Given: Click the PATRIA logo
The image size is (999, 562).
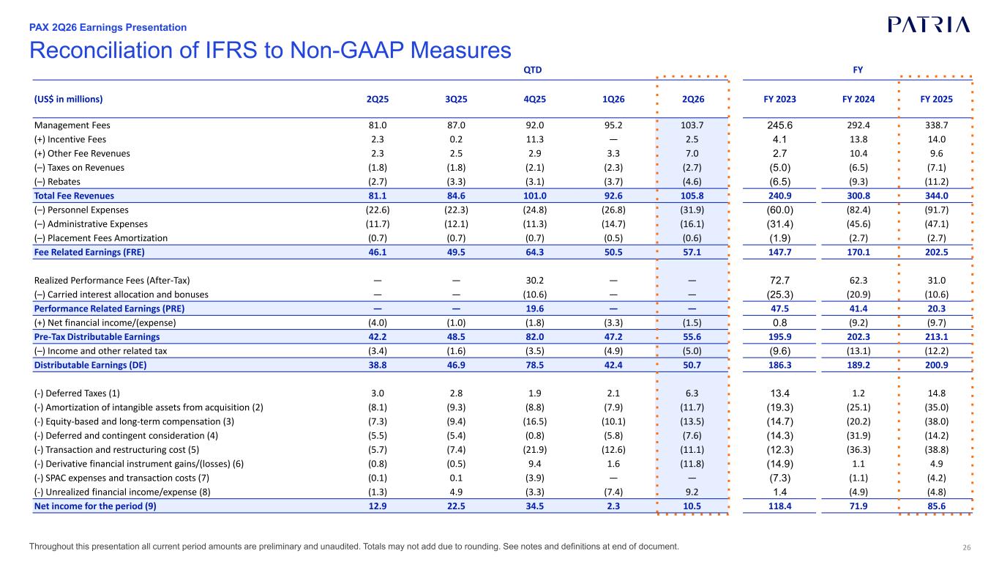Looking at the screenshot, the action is tap(929, 25).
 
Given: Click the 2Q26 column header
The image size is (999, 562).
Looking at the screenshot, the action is tap(693, 99).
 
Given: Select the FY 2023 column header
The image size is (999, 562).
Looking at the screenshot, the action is tap(779, 99).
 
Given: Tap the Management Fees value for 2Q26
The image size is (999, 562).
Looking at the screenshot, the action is tap(692, 125).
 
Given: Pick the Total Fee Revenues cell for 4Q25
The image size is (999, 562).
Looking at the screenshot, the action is tap(535, 196).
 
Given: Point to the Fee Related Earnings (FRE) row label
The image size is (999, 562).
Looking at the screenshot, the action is tap(89, 252).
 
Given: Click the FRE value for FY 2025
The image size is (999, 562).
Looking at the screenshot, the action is tap(936, 252).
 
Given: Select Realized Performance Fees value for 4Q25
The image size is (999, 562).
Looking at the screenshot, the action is tap(535, 281).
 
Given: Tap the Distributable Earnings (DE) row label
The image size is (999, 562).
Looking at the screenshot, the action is tap(90, 365).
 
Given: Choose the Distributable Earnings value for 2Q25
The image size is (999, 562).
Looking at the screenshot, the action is tap(378, 365).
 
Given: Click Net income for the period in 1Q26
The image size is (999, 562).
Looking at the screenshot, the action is tap(613, 506).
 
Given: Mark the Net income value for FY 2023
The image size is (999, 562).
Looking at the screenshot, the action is tap(779, 506).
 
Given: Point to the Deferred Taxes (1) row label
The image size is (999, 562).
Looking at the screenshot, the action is tap(77, 393).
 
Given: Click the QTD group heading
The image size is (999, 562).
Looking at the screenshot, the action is tap(533, 70).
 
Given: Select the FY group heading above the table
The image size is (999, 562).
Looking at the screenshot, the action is tap(858, 70).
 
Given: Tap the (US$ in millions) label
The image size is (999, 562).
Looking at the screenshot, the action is tap(68, 99).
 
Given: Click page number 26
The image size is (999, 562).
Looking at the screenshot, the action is tap(967, 547).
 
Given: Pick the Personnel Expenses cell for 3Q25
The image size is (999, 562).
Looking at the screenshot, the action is tap(456, 210).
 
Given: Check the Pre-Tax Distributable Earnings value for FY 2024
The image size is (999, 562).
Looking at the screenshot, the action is tap(858, 337).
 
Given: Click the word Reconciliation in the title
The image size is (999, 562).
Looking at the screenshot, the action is tap(101, 50).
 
